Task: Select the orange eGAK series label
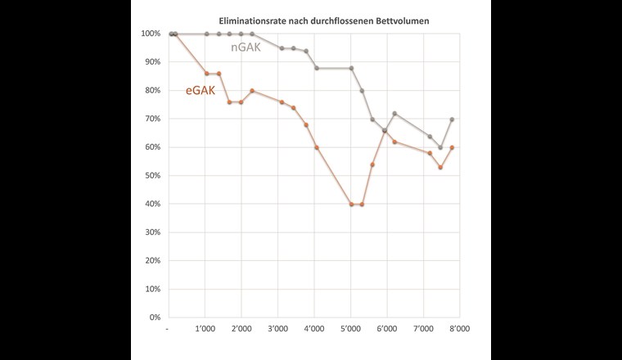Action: coord(201,91)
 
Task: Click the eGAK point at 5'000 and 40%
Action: coord(351,205)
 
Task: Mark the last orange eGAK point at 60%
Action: coord(452,147)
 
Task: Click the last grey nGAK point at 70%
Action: coord(452,119)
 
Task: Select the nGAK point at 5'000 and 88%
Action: coord(351,68)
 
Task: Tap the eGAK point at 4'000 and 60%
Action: coord(317,147)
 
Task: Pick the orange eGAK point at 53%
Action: coord(440,168)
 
